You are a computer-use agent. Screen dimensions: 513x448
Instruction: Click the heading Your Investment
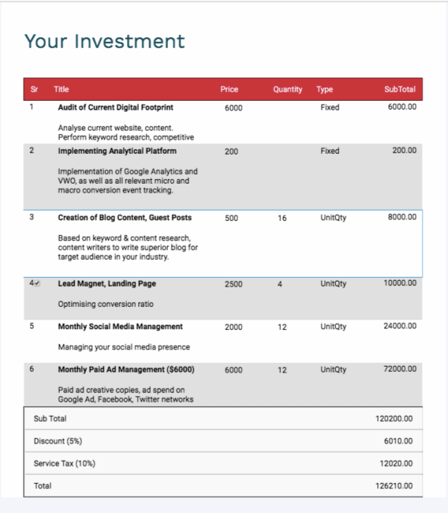tap(104, 41)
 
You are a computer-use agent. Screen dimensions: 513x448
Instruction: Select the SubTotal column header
tap(400, 90)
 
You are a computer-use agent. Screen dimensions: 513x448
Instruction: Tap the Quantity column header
tap(287, 90)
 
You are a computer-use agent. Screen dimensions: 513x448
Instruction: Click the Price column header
tap(229, 90)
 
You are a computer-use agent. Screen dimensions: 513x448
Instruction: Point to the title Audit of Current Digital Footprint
tap(115, 108)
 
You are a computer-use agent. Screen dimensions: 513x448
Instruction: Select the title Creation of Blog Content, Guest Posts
tap(125, 218)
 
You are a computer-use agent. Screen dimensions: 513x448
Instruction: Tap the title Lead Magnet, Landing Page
tap(107, 284)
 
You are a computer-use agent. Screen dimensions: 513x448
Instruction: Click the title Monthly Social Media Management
tap(120, 327)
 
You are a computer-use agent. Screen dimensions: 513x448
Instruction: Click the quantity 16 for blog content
tap(281, 218)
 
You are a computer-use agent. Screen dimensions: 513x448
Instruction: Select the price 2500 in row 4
tap(233, 284)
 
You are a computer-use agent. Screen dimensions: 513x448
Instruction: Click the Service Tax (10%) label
tap(64, 464)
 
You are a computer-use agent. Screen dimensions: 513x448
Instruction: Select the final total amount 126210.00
tap(394, 486)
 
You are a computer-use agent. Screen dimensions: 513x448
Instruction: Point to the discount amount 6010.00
tap(398, 441)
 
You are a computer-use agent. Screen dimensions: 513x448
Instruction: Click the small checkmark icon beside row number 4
tap(37, 284)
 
